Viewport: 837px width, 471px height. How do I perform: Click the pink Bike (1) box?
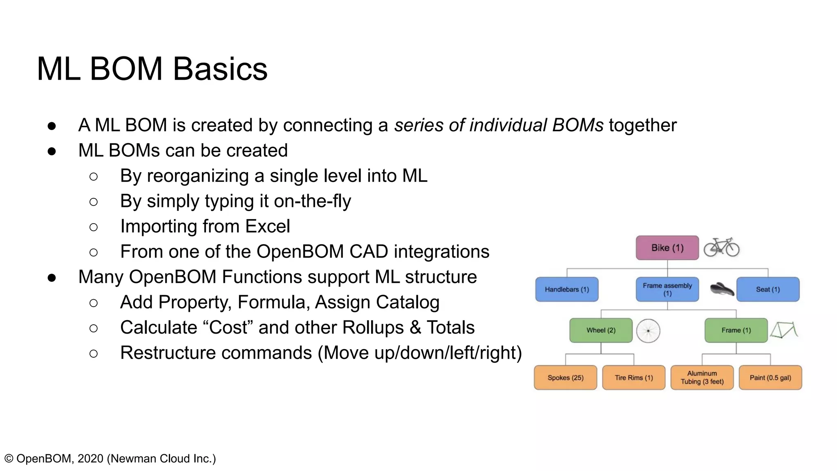coord(667,248)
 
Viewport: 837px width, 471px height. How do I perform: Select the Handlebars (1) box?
coord(566,289)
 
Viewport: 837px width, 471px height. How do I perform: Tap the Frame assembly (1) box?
coord(667,289)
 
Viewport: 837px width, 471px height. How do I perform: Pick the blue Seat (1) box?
coord(768,289)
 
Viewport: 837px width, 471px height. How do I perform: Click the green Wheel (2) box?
coord(601,330)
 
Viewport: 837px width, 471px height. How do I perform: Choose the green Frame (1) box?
coord(736,330)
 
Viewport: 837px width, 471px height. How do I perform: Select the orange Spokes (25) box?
coord(565,378)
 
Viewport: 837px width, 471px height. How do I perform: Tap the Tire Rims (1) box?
coord(633,378)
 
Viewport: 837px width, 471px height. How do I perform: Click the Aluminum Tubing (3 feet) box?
coord(702,378)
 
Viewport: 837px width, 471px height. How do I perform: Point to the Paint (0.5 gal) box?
coord(770,378)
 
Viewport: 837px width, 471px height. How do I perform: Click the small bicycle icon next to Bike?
coord(721,247)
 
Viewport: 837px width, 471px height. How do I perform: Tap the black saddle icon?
coord(722,289)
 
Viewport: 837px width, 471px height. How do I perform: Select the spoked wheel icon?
coord(648,331)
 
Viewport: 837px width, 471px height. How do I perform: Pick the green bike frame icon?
coord(784,330)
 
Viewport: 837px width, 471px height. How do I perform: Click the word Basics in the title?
coord(220,69)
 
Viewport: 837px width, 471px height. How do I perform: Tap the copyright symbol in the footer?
coord(9,459)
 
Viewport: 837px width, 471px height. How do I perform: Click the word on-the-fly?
coord(312,201)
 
